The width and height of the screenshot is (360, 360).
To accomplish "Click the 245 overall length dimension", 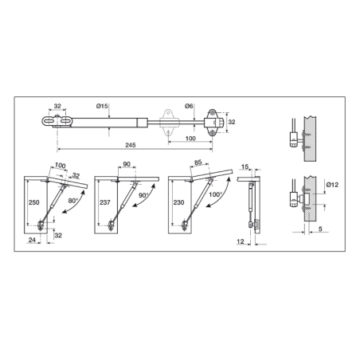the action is coord(131,145).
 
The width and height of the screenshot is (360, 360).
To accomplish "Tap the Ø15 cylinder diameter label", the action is coord(102,106).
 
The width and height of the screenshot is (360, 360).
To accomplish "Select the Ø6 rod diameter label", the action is coord(189,106).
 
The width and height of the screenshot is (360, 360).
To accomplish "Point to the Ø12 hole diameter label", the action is coord(333,185).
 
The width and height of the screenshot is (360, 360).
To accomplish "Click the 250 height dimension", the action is coord(34,202).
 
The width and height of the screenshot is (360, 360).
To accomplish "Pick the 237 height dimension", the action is coord(105,202).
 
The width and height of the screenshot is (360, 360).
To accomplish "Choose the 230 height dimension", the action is coord(178,202).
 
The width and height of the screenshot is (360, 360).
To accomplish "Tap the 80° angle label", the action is coord(72,201).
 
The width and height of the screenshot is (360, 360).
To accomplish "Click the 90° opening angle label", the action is coord(143,195).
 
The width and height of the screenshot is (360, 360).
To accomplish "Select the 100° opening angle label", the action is coord(215,194).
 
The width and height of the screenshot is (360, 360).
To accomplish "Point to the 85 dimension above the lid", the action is coord(198,162).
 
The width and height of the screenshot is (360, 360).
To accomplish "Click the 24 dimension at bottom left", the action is coord(32,240).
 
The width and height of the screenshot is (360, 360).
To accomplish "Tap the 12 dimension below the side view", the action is coord(240,241).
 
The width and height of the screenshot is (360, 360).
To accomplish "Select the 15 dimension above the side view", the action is coord(245,166).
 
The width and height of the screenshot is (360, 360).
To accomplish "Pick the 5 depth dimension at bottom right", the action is coord(320,229).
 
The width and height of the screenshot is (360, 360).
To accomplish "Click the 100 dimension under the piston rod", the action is coord(190,139).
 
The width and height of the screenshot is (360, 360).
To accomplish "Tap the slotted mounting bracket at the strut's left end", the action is coord(57,121).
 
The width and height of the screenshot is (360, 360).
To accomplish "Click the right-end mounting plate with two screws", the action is coord(213,123).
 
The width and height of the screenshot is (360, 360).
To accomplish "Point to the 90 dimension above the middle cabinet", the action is coord(127,164).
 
